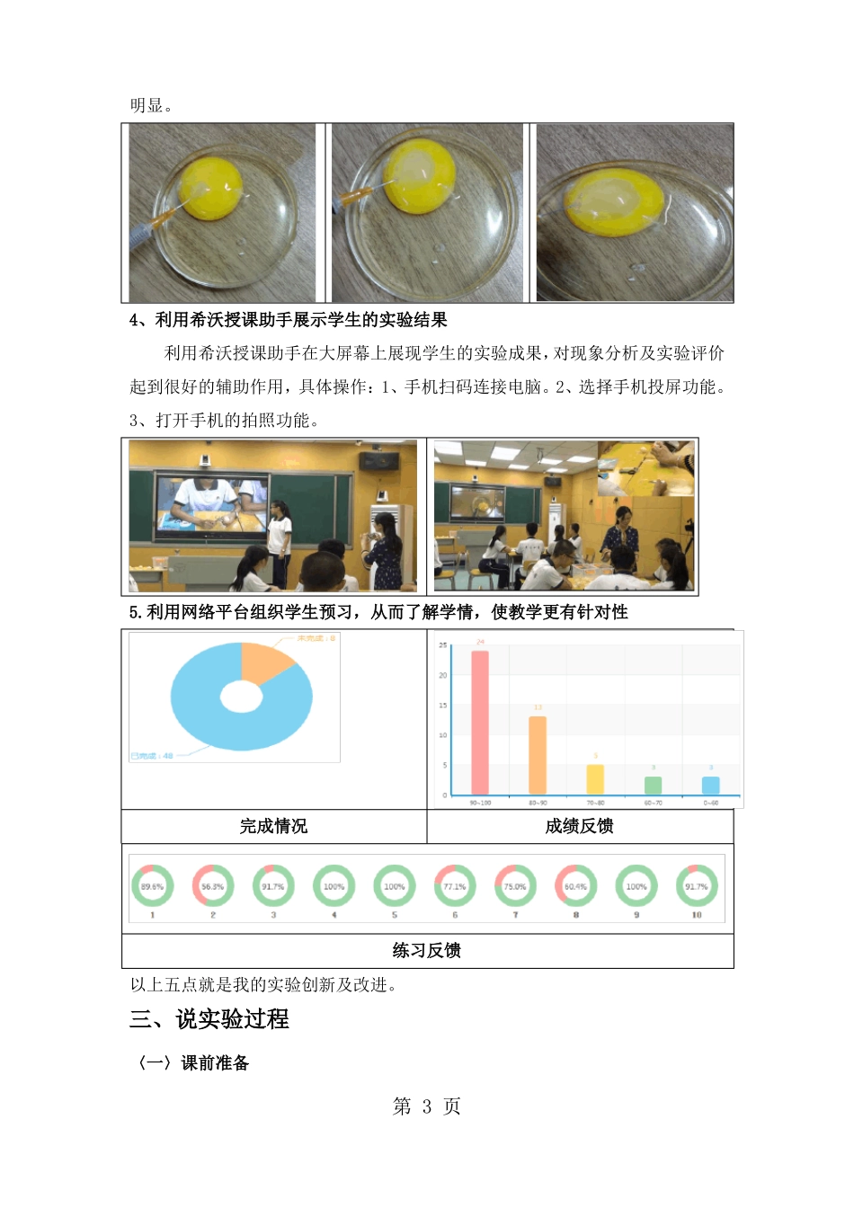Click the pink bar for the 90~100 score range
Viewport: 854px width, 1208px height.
point(480,723)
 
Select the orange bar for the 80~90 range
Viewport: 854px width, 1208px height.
point(538,755)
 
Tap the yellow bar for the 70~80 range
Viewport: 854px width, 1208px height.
point(595,779)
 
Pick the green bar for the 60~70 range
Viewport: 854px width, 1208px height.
point(654,785)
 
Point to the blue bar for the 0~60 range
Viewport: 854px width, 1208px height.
point(711,785)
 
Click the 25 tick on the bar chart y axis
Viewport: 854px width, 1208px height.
point(442,645)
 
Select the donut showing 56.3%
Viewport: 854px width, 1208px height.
point(213,886)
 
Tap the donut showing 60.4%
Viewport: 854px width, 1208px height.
point(575,886)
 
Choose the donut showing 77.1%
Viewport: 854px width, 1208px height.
point(455,886)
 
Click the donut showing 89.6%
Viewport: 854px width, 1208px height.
point(153,886)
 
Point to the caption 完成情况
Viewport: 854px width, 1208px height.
point(273,826)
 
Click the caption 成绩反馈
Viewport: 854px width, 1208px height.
point(579,826)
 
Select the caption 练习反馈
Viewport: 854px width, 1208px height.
point(427,950)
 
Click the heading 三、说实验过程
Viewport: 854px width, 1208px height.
point(209,1018)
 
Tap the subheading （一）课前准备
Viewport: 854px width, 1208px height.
point(190,1062)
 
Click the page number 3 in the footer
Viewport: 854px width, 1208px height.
point(427,1106)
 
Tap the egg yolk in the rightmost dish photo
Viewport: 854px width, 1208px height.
point(615,200)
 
